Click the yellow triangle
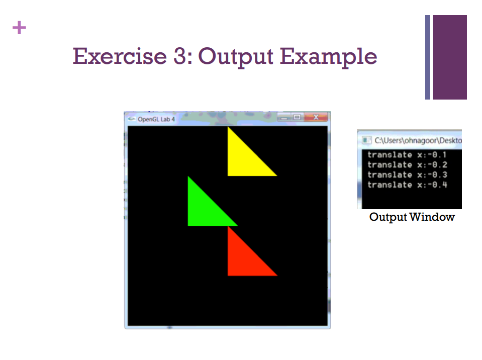[x=244, y=158]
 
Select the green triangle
[x=204, y=209]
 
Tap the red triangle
[x=244, y=258]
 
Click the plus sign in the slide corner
[x=19, y=28]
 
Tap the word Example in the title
[x=329, y=56]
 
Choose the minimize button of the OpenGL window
[x=285, y=118]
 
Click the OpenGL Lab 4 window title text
[x=156, y=120]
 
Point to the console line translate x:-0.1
[x=407, y=155]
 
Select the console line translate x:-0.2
[x=407, y=165]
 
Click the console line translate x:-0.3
[x=407, y=175]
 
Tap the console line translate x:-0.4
[x=407, y=185]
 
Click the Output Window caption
[x=412, y=217]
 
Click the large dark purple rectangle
[x=449, y=57]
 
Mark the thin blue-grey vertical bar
[x=428, y=57]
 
